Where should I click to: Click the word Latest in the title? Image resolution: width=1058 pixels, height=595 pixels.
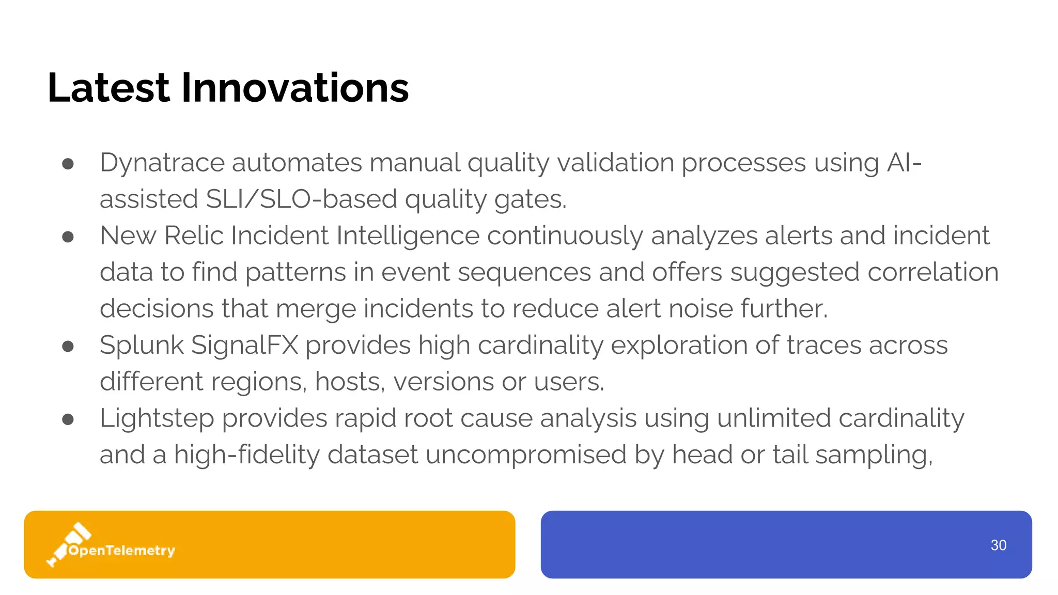(x=108, y=88)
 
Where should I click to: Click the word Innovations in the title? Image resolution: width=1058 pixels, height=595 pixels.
(x=294, y=88)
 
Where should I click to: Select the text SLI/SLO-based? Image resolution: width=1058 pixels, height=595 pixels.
(x=301, y=199)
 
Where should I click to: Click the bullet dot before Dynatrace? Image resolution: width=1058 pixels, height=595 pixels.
(x=68, y=164)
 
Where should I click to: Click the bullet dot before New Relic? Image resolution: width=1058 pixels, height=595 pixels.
(x=68, y=237)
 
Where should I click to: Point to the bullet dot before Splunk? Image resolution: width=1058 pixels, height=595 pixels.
(x=68, y=346)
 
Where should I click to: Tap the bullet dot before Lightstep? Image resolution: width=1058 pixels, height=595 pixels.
(x=68, y=419)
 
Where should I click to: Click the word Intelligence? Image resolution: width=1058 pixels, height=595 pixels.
(x=407, y=236)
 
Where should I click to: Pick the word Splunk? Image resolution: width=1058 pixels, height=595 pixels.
(x=142, y=345)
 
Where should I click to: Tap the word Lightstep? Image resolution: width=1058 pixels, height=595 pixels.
(x=157, y=418)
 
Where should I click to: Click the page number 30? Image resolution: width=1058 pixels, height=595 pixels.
(x=998, y=545)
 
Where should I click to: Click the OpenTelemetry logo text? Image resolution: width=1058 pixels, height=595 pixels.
(x=122, y=551)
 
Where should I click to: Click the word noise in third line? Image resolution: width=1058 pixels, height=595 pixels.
(x=701, y=309)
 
